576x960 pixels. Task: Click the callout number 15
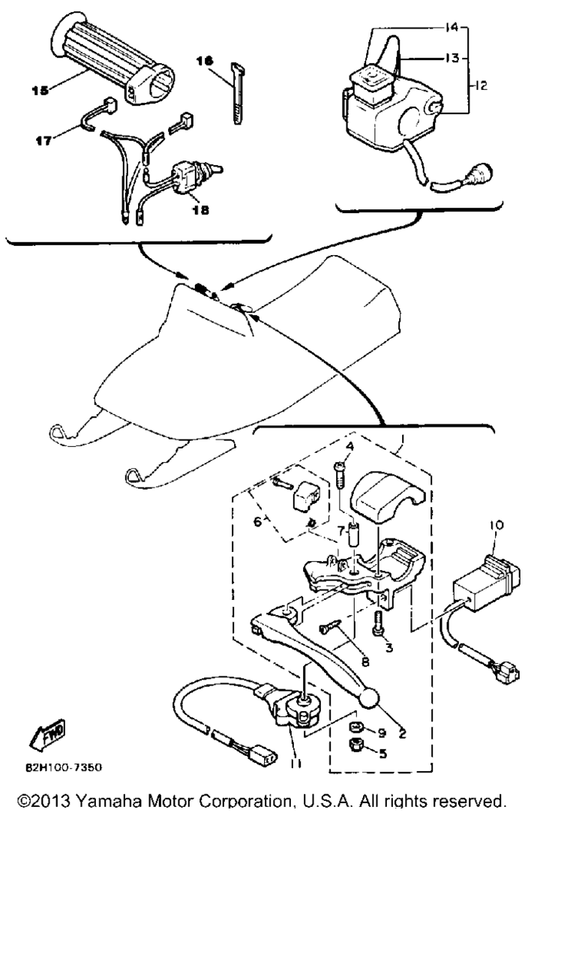(x=40, y=90)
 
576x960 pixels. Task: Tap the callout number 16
(x=205, y=61)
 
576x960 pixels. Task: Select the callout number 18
(x=200, y=210)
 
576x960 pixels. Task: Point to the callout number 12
(x=481, y=85)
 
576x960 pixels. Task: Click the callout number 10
(x=496, y=525)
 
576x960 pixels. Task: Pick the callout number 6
(x=257, y=522)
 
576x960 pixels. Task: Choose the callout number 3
(x=388, y=647)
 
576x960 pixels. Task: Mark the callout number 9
(x=382, y=733)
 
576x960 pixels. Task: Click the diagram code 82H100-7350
(x=64, y=767)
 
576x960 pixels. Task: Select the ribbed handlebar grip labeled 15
(x=113, y=58)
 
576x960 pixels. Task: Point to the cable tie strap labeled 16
(x=237, y=93)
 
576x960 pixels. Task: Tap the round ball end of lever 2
(x=370, y=697)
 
